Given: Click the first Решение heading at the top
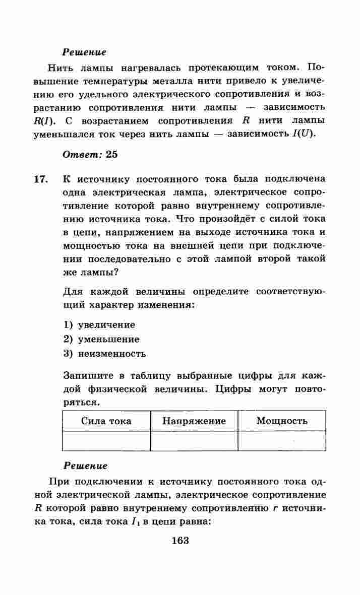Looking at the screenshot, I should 84,52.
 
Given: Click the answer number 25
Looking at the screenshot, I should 111,155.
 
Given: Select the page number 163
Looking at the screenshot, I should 180,541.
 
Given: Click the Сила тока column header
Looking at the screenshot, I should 106,421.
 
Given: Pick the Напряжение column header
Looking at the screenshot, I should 194,421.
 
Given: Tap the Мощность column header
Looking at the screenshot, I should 282,421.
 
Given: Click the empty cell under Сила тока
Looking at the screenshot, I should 106,441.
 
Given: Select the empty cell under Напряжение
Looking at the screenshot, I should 194,441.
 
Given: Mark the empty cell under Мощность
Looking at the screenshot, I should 282,441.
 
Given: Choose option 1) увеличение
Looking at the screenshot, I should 99,325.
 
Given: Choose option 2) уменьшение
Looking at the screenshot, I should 101,339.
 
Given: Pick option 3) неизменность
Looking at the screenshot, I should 105,353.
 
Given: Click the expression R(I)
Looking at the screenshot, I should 42,121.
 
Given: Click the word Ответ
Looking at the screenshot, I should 82,155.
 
